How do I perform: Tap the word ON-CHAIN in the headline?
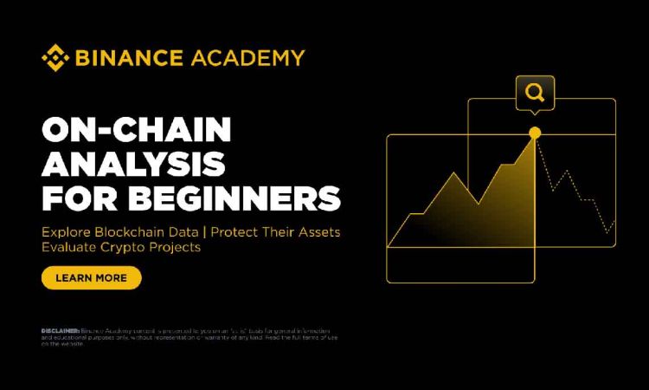[x=136, y=131]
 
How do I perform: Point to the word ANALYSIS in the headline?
[x=133, y=165]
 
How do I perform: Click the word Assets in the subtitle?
[x=319, y=232]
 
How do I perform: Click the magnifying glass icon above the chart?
[x=534, y=93]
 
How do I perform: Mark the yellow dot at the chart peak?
[x=535, y=133]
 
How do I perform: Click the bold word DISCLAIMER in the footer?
[x=60, y=331]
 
